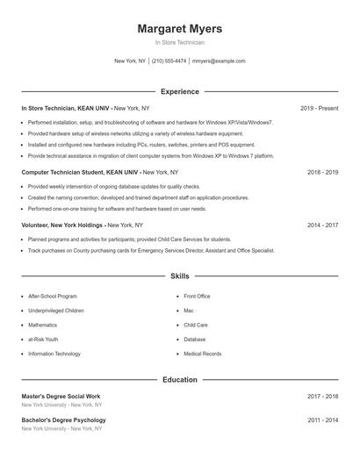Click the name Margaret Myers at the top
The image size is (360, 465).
180,29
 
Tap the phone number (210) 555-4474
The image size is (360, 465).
169,61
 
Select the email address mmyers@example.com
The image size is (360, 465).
219,61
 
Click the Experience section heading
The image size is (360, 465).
180,91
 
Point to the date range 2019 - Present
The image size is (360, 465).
319,108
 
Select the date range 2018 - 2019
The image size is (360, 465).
322,173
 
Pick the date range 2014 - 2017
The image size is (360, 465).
322,225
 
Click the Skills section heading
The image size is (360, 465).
180,275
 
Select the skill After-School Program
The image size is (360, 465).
53,297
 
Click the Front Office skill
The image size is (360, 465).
197,297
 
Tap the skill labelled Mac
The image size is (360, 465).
188,311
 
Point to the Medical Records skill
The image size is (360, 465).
202,354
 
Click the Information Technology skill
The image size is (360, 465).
54,354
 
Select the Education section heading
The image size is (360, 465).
180,380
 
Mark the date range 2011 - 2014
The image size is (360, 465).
322,420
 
